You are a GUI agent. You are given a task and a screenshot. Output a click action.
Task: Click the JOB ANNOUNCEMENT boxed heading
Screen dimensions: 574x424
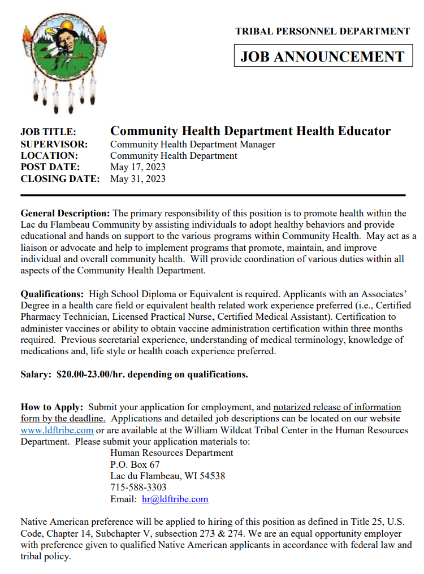click(323, 56)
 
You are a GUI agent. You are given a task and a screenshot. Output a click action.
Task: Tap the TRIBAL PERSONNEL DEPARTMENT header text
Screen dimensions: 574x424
click(322, 32)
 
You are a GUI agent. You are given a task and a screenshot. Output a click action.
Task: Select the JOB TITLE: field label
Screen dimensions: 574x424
click(48, 132)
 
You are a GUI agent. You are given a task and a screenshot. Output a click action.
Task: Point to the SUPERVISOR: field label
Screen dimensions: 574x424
click(54, 144)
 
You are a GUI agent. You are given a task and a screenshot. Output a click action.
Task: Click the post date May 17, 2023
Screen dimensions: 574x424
click(138, 167)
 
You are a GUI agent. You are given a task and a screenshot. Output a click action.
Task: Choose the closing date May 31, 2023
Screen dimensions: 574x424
click(138, 179)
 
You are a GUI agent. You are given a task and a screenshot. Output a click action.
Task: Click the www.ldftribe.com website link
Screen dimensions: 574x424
click(57, 430)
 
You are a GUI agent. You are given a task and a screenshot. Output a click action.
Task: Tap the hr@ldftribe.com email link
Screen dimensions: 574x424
click(175, 499)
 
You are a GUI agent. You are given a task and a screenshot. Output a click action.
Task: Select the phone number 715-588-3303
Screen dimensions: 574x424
click(138, 487)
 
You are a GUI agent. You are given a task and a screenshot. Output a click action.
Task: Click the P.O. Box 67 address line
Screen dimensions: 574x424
click(135, 464)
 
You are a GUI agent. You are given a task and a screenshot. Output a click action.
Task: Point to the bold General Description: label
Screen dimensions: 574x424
click(65, 213)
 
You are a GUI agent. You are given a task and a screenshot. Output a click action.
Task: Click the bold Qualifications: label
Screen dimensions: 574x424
click(51, 294)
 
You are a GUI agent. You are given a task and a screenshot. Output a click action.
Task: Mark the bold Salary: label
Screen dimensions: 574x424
click(36, 374)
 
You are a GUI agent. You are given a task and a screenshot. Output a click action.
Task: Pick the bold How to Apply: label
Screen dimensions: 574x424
click(52, 407)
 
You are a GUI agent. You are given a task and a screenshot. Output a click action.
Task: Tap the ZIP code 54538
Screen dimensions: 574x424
click(212, 476)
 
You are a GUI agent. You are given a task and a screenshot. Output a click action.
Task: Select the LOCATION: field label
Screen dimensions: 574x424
click(49, 155)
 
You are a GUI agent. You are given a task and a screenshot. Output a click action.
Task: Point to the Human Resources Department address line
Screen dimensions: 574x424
click(171, 453)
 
